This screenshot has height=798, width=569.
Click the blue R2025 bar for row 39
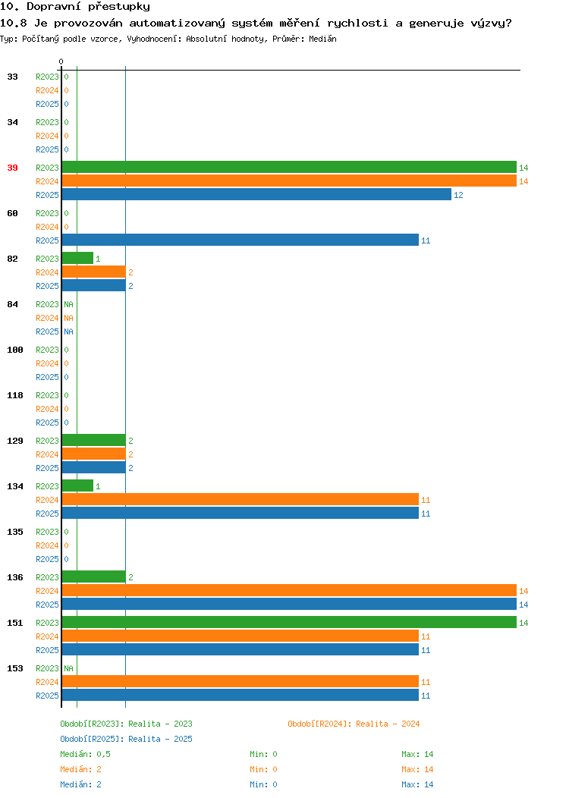point(256,194)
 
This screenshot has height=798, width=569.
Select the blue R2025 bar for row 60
point(240,240)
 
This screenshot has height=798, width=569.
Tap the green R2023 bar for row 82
point(78,258)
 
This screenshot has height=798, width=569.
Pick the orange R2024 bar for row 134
point(240,499)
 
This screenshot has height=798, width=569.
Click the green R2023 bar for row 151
point(289,622)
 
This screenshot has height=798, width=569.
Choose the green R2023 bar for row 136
point(93,577)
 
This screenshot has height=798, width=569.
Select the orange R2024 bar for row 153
point(240,681)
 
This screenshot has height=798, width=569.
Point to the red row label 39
point(13,168)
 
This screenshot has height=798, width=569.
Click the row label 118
point(15,395)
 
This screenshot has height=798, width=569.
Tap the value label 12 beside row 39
point(458,195)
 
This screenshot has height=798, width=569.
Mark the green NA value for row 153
point(69,668)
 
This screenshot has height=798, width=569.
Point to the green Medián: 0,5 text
point(86,754)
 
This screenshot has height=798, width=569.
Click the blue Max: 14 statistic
point(417,784)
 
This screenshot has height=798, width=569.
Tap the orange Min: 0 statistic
point(263,769)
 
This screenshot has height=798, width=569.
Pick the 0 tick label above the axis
point(61,61)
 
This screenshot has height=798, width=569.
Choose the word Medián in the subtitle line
point(322,39)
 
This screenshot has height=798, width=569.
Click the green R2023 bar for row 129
point(93,440)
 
